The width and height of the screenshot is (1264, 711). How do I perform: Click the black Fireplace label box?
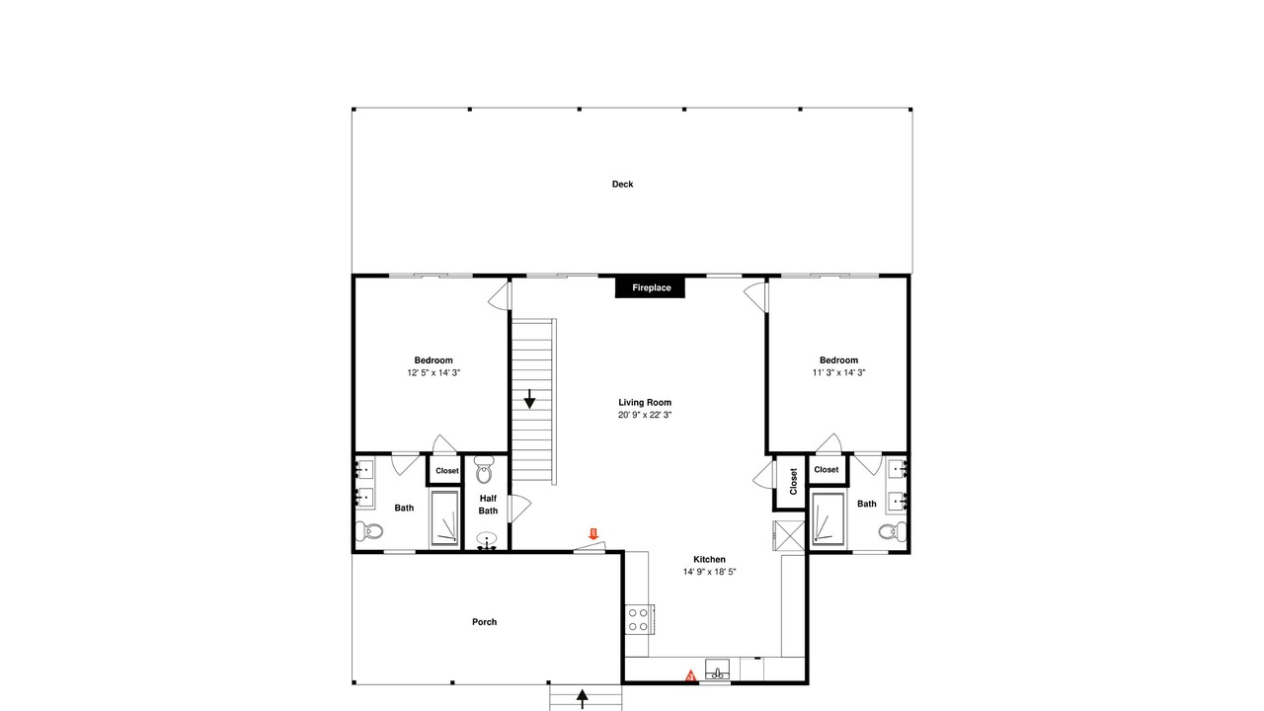point(650,287)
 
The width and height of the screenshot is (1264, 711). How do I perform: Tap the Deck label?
point(622,184)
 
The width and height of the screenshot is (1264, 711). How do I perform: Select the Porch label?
point(484,622)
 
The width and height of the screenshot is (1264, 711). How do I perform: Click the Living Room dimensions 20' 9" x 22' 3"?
point(645,415)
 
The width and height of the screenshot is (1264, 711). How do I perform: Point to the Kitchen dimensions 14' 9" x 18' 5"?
point(709,572)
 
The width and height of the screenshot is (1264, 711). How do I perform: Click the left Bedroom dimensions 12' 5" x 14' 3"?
point(434,372)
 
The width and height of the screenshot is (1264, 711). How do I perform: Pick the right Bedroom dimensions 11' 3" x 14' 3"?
point(838,372)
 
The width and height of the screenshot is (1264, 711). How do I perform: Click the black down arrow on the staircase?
point(529,399)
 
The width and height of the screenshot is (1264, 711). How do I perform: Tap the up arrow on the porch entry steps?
point(583,698)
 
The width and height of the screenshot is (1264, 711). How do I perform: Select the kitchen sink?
point(717,670)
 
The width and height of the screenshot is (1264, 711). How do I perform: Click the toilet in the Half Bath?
point(484,469)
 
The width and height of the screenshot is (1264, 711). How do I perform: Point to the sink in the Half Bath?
point(487,540)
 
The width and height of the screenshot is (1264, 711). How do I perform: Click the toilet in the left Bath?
point(369,530)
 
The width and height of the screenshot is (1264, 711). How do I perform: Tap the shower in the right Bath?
point(828,519)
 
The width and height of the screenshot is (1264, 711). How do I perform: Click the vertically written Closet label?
point(793,481)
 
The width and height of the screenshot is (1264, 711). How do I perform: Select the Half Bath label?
point(488,505)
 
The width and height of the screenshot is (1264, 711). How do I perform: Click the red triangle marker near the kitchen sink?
point(690,675)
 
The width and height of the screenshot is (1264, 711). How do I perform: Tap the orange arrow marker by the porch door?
point(593,534)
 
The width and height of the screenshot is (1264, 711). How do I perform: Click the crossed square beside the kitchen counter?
point(789,535)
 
